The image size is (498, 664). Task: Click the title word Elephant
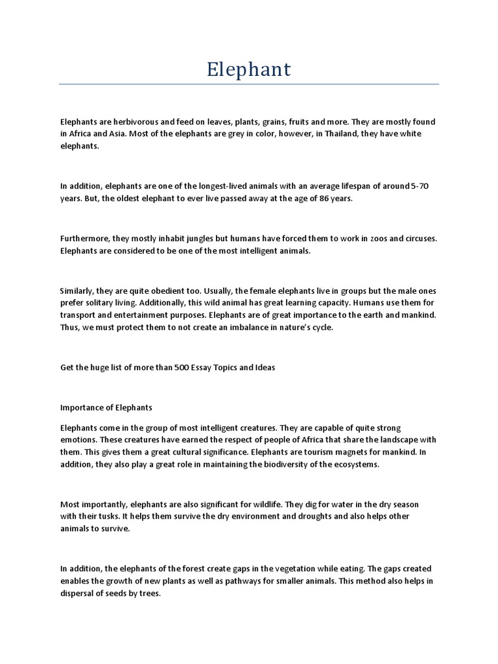point(249,69)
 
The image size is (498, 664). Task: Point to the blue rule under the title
point(249,84)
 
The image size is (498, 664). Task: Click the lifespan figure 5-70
point(420,186)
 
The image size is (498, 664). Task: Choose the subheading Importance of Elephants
point(106,407)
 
